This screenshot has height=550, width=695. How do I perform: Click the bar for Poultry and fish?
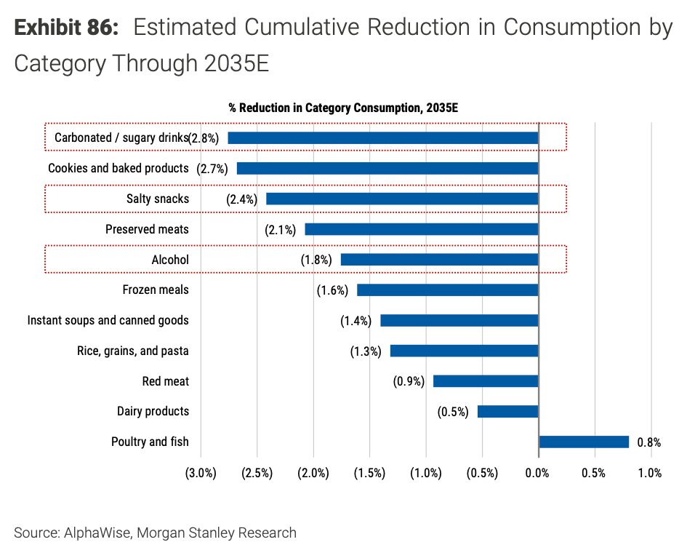click(x=584, y=442)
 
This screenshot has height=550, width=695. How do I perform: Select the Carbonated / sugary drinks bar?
click(x=383, y=137)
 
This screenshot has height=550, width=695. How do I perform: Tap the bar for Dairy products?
click(x=507, y=412)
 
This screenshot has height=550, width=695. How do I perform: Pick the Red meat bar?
click(x=486, y=381)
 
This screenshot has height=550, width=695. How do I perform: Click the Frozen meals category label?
click(x=156, y=290)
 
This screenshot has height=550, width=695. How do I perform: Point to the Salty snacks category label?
click(x=158, y=199)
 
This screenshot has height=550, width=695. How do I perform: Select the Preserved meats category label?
click(x=147, y=229)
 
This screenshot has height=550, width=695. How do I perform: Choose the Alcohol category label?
click(x=170, y=260)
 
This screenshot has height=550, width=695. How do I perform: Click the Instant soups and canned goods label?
click(x=108, y=320)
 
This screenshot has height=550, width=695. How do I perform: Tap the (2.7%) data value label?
click(x=212, y=169)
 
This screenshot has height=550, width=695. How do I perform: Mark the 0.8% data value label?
click(x=649, y=442)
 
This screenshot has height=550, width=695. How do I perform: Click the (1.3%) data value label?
click(x=366, y=351)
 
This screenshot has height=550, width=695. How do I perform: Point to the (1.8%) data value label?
click(x=316, y=260)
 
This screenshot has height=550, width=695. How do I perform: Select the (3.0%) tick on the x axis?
click(x=201, y=473)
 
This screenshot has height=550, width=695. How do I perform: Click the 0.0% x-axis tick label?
click(x=538, y=473)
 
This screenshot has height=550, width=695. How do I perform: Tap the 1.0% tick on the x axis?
click(x=650, y=473)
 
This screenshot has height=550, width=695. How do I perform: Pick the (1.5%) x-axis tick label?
click(x=369, y=473)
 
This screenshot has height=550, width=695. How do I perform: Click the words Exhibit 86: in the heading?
click(x=65, y=28)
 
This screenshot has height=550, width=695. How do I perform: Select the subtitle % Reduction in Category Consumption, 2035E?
click(x=343, y=108)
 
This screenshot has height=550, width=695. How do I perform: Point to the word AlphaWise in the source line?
click(x=95, y=533)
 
